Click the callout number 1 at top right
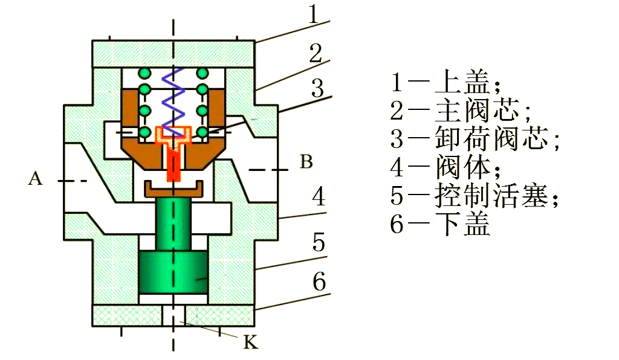(x=313, y=14)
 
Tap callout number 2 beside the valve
(x=315, y=54)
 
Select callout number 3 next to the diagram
(x=318, y=89)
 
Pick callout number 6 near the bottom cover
(x=319, y=281)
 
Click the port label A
(x=36, y=178)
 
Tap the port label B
(x=306, y=162)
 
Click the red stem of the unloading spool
(x=174, y=163)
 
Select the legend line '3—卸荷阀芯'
(x=475, y=139)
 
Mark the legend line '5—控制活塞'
(x=475, y=196)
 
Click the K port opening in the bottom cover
(x=174, y=315)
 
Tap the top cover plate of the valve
(x=173, y=53)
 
